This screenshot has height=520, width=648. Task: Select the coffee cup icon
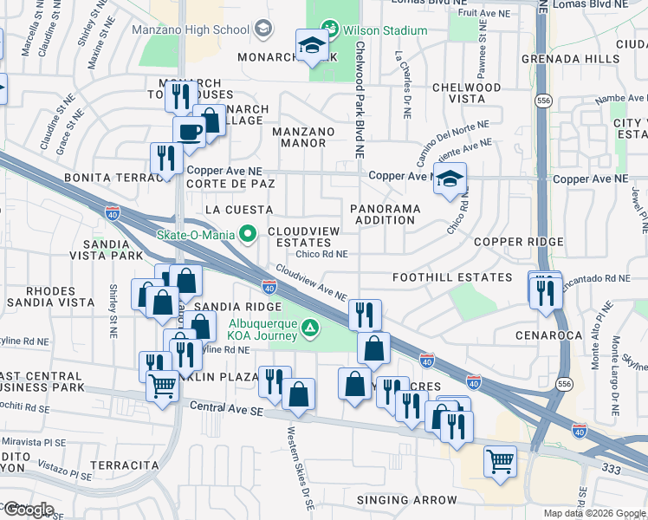[x=189, y=133]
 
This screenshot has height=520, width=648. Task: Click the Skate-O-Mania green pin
[x=248, y=233]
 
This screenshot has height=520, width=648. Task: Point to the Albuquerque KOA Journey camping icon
[x=310, y=328]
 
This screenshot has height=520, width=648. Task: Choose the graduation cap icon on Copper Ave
[x=449, y=179]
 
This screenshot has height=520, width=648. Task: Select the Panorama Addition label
[x=386, y=214]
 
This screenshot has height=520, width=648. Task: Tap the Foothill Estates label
[x=451, y=277]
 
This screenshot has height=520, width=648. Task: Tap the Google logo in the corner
[x=28, y=509]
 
